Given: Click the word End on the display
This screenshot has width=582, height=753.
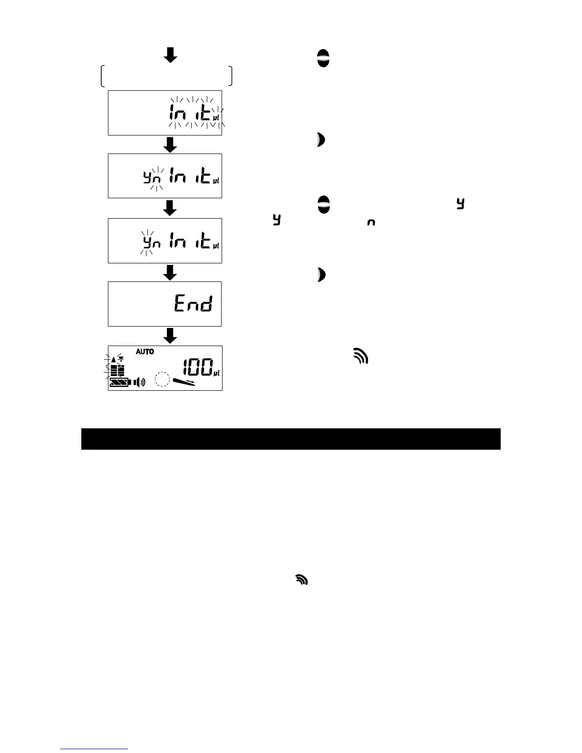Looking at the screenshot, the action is (193, 303).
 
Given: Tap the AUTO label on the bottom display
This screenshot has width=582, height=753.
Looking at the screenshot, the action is (145, 352).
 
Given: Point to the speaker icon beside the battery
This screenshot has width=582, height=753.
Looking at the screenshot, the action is (139, 382).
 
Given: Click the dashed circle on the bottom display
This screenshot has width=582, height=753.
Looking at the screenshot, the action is (163, 379).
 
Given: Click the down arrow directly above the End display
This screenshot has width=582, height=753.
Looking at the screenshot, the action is (170, 272).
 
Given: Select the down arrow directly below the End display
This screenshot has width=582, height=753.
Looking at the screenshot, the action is (170, 336).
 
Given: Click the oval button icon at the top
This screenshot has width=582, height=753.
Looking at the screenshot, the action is (323, 58).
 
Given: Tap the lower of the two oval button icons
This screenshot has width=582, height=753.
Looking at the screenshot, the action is (323, 204).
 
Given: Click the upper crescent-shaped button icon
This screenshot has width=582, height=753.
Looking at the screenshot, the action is (321, 140).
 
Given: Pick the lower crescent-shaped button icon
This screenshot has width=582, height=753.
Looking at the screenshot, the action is (321, 275).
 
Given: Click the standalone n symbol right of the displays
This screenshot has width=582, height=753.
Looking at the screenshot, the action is (371, 222).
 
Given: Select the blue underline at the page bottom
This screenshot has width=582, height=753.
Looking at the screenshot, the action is (94, 749).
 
